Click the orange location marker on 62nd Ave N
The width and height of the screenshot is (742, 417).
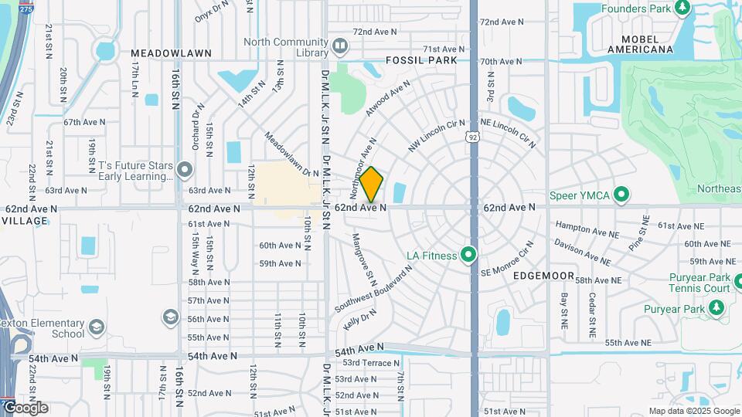372,185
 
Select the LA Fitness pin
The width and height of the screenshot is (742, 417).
468,254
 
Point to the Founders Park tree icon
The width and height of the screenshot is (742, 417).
682,8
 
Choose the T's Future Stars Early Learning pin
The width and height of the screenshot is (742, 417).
184,169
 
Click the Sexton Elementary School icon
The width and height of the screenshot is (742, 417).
97,327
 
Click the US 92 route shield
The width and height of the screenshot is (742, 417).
471,137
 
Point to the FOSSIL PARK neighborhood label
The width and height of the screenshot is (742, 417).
421,60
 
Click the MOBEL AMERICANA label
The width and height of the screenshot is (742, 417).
640,43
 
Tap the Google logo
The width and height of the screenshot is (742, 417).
25,408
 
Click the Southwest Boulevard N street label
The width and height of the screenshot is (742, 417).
373,291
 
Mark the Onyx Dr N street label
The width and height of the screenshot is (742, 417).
212,11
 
